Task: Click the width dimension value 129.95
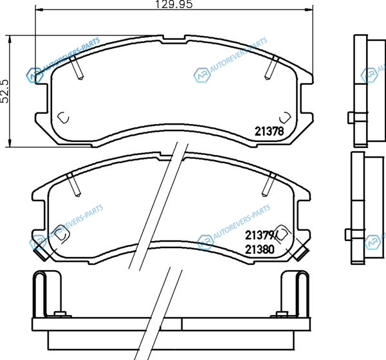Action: point(174,4)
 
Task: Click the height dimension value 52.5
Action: point(5,91)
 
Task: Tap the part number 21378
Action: point(269,131)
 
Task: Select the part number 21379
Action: point(259,235)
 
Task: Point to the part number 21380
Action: point(260,250)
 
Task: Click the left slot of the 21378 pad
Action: point(77,66)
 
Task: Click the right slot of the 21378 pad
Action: point(271,67)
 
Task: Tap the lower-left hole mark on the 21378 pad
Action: point(63,118)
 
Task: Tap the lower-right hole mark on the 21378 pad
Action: point(284,118)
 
